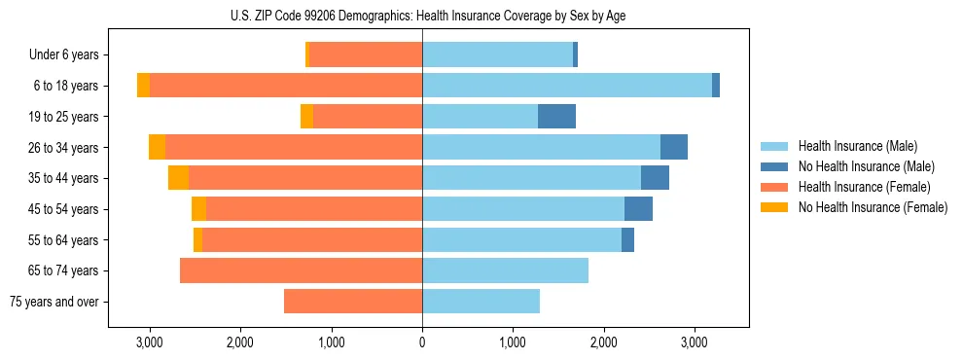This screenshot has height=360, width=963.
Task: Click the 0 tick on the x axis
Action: pos(422,342)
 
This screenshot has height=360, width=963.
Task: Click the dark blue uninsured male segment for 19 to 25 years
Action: pos(556,117)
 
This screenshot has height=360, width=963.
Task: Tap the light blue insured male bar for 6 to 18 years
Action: pos(567,86)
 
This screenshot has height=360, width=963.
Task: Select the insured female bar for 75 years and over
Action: pos(353,302)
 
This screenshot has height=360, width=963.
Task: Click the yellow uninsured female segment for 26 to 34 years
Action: pos(157,147)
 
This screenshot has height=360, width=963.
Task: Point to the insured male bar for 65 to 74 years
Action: pos(505,270)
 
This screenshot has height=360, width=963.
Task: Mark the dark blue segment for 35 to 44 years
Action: pos(655,178)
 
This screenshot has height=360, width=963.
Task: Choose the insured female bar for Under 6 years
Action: pos(366,55)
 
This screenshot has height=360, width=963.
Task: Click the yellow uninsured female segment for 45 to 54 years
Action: pos(198,209)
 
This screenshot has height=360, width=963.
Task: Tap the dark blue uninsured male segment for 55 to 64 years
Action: pos(627,240)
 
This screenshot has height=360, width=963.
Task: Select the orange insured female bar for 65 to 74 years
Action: pos(301,270)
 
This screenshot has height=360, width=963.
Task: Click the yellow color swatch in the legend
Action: pos(774,207)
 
